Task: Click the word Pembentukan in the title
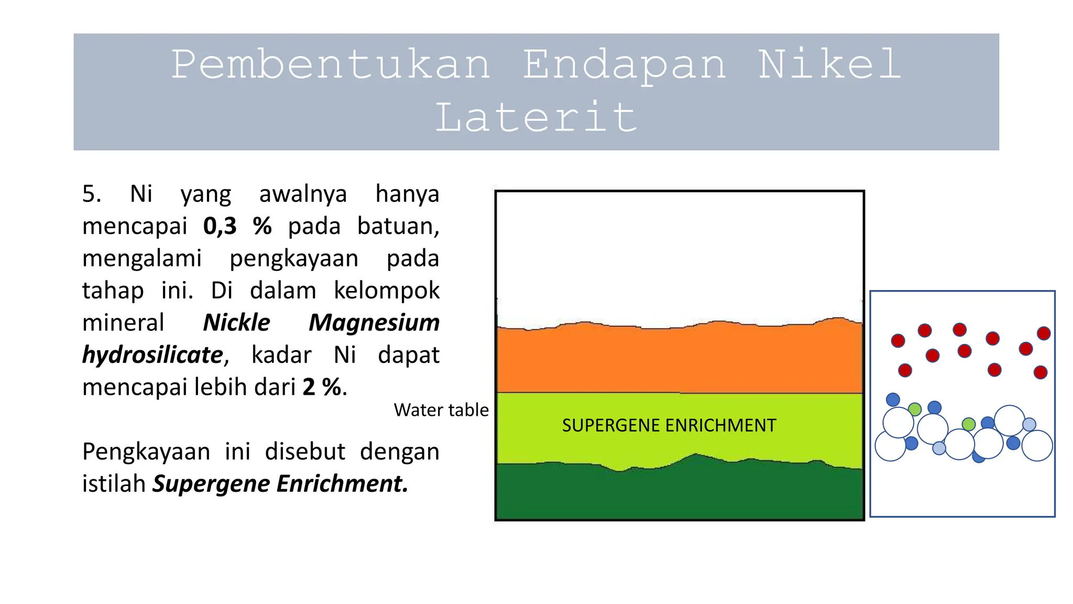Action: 331,65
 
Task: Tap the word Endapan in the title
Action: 624,65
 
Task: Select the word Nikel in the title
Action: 830,65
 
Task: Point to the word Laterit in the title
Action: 536,117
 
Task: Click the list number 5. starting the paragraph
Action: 92,194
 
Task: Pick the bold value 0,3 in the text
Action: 220,226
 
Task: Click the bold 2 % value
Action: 322,387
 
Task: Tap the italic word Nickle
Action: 236,322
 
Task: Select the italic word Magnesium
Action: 374,322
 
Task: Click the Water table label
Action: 441,410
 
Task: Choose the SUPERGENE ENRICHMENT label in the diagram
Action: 669,425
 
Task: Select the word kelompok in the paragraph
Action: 387,290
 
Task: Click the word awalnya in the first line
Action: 303,194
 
